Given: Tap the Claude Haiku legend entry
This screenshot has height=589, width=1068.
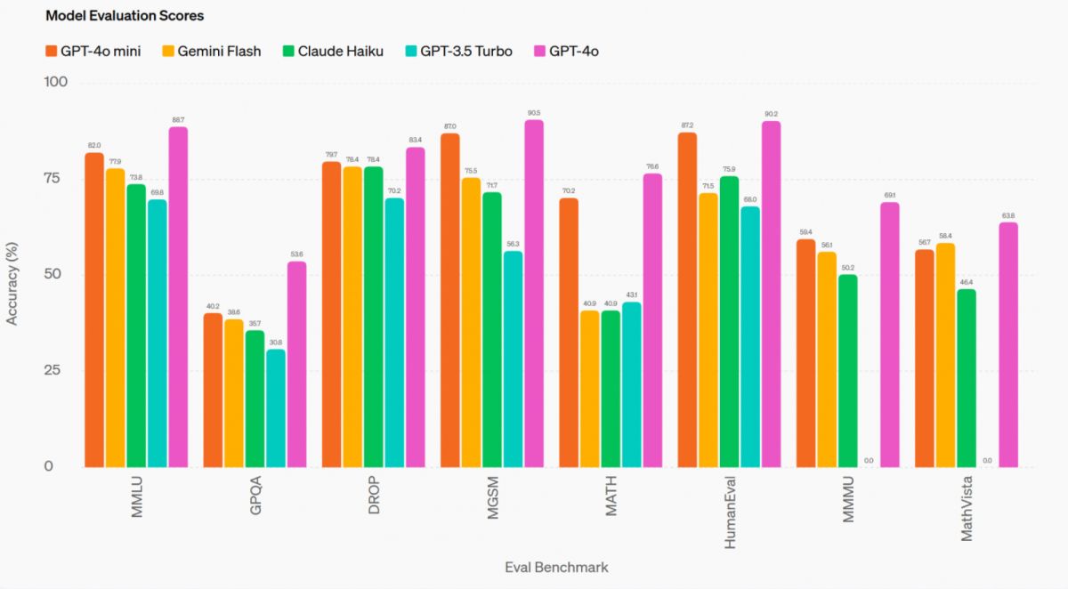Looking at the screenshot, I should pos(332,51).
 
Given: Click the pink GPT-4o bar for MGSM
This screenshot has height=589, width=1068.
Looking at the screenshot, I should pos(534,294).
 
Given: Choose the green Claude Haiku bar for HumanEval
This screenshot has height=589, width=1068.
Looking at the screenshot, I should pos(730,321).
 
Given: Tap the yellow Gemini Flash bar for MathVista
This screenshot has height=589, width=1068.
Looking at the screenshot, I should pos(945,355).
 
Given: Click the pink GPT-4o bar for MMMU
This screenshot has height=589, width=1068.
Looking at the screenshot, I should pos(890,335).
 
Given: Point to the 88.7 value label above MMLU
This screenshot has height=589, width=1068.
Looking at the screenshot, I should pos(179,120).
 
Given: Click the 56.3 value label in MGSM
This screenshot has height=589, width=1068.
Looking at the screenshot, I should pos(514,244).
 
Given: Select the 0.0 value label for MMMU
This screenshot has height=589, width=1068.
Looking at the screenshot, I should pos(869,461).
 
